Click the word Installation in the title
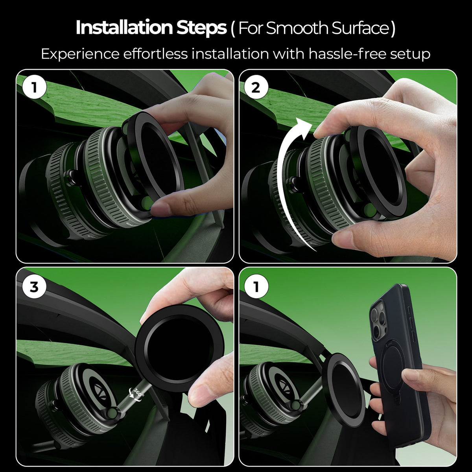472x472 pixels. [x=124, y=28]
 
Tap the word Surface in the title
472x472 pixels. [x=360, y=28]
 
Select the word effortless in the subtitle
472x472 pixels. [x=155, y=54]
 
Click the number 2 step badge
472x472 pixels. [x=256, y=88]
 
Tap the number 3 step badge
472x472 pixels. [x=34, y=287]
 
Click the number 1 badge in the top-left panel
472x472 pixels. [x=34, y=88]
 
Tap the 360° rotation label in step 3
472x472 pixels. [x=138, y=395]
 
